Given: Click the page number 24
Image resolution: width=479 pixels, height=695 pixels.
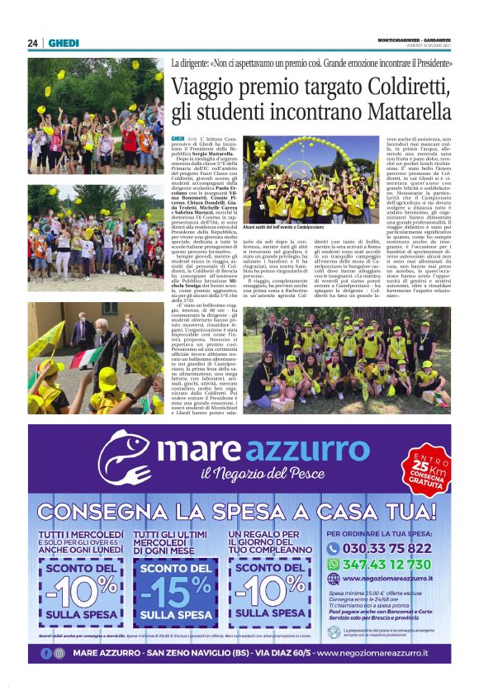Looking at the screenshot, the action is tap(33, 43).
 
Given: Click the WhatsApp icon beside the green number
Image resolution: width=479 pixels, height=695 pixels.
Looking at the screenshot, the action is tap(334, 564).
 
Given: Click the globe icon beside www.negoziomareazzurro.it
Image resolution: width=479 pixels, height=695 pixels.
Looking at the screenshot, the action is tap(334, 579).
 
